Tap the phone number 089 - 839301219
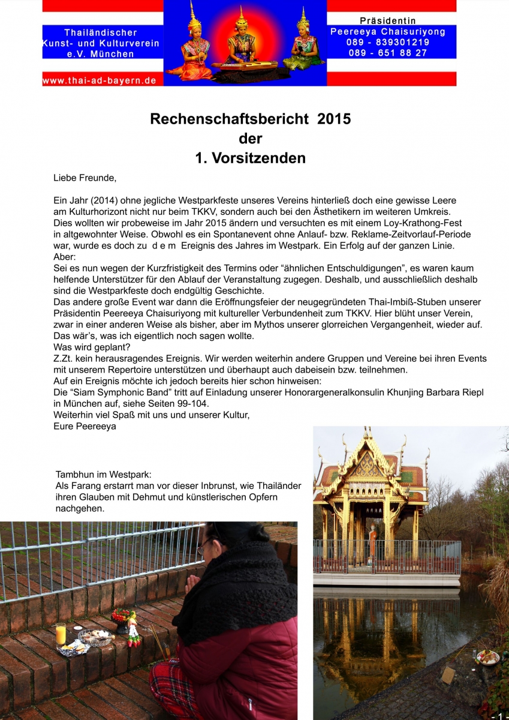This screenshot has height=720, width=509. pyautogui.click(x=388, y=42)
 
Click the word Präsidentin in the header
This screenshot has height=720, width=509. pyautogui.click(x=388, y=21)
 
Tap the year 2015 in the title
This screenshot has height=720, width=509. pyautogui.click(x=334, y=119)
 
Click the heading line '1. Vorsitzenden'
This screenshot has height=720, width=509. pyautogui.click(x=250, y=158)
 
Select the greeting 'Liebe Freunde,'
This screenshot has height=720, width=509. pyautogui.click(x=85, y=178)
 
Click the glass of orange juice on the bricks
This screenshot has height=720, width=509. pyautogui.click(x=61, y=634)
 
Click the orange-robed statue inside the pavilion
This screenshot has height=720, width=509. pyautogui.click(x=373, y=541)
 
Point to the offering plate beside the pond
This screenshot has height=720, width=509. pyautogui.click(x=487, y=658)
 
